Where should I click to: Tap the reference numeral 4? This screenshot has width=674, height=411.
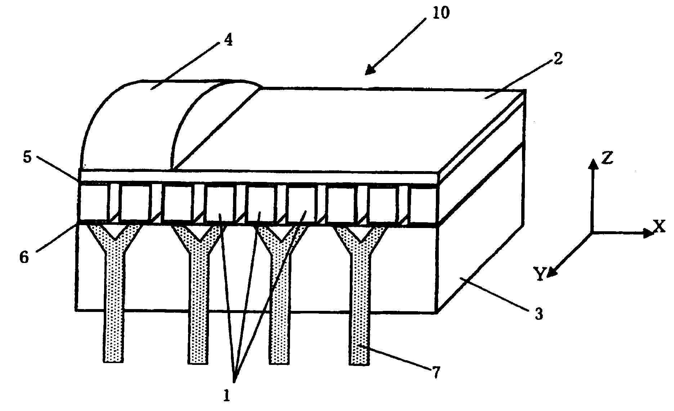[228, 40]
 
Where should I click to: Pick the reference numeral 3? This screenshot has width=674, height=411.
[539, 314]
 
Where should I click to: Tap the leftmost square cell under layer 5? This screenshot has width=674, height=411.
[93, 202]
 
